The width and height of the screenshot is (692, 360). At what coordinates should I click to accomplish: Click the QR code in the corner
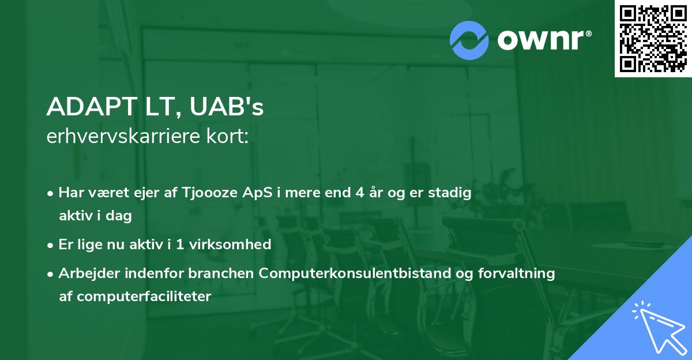click(x=653, y=39)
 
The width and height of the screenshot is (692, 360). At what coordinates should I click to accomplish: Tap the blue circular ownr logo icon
click(x=469, y=40)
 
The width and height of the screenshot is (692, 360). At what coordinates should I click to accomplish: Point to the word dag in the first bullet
click(x=118, y=216)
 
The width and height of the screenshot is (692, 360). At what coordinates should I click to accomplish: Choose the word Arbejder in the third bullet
click(x=86, y=273)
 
